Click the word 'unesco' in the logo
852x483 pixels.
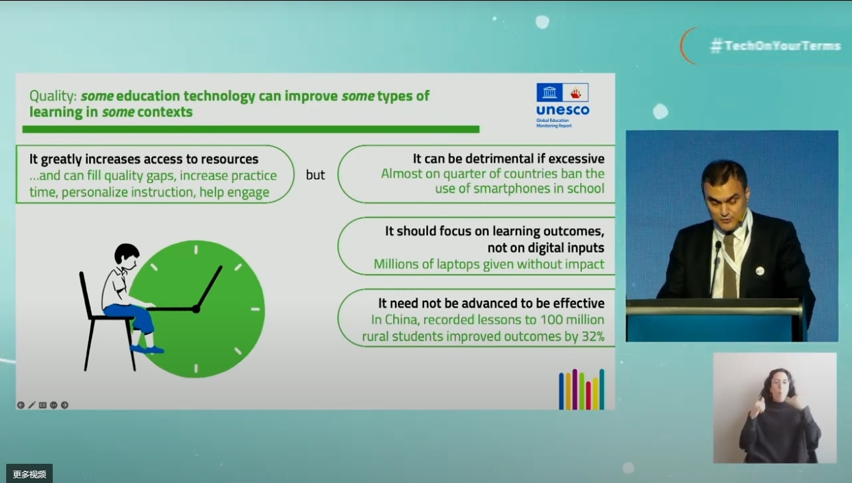tap(562, 110)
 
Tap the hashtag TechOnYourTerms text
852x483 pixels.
tap(775, 46)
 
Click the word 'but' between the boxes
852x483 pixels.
tap(315, 175)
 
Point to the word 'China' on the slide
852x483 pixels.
tap(402, 320)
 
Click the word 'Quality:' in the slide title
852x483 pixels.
tap(53, 96)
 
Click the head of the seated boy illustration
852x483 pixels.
tap(126, 254)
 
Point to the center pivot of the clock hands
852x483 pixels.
tap(197, 309)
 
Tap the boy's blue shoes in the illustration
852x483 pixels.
tap(147, 349)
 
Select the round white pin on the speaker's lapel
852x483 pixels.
tap(760, 271)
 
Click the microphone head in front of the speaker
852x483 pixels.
tap(718, 246)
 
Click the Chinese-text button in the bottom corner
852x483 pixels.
tap(29, 474)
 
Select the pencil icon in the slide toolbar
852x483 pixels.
tap(32, 405)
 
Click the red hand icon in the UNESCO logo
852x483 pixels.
tap(575, 92)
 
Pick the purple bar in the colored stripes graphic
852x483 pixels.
tap(575, 389)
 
